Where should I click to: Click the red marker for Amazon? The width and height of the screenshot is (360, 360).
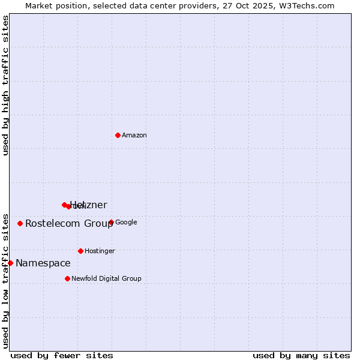118,135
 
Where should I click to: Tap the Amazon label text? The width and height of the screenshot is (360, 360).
134,136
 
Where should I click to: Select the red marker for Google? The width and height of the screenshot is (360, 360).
111,222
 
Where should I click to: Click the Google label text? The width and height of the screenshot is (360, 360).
126,223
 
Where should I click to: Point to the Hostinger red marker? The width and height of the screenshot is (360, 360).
80,251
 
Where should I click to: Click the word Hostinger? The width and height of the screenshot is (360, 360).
100,251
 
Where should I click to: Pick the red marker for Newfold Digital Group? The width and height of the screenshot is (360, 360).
67,278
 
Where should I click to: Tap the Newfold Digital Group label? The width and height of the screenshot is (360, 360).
106,278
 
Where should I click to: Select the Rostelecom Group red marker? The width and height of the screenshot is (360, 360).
20,223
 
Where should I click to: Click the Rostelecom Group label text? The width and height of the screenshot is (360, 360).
69,224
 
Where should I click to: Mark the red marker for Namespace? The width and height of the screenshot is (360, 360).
10,263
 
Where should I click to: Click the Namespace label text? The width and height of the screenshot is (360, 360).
43,263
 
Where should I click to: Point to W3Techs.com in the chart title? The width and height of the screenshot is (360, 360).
305,6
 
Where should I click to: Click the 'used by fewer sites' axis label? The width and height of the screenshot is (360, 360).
62,355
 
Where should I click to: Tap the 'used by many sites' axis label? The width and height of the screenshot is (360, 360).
301,355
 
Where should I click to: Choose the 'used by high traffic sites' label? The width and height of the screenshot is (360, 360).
6,85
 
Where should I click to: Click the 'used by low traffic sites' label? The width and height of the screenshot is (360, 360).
6,280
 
